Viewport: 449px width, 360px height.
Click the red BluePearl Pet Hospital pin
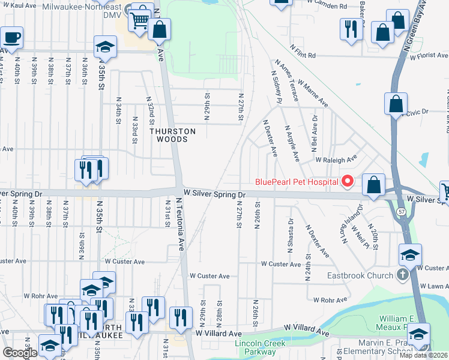pyautogui.click(x=347, y=181)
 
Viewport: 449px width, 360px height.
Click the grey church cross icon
pyautogui.click(x=403, y=275)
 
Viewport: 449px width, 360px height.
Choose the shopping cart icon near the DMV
pyautogui.click(x=140, y=21)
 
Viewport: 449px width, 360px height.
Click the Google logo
pyautogui.click(x=20, y=353)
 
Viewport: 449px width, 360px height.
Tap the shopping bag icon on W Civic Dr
pyautogui.click(x=396, y=104)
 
